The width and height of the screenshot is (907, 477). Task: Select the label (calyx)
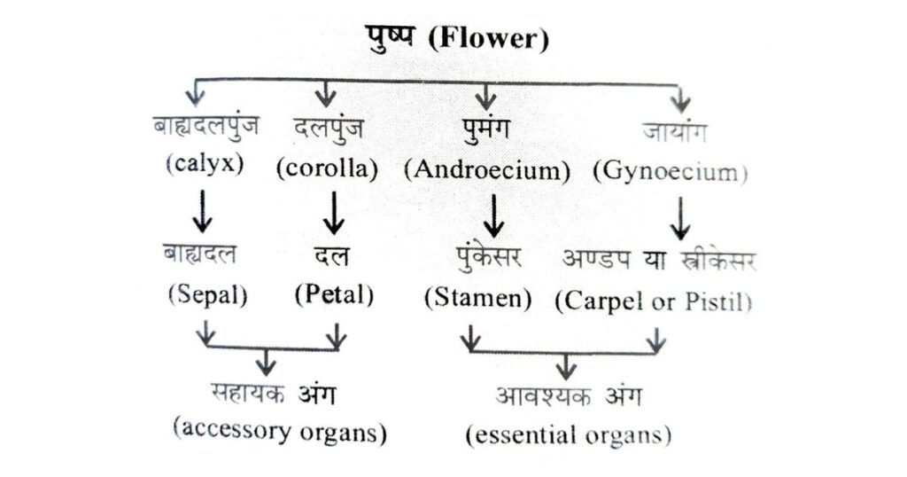click(x=204, y=166)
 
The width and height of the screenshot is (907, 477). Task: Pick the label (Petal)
click(x=334, y=295)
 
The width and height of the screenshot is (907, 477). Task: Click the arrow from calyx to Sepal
click(x=205, y=211)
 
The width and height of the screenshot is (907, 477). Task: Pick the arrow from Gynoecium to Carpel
click(x=679, y=217)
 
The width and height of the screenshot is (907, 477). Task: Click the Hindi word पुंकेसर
click(x=485, y=258)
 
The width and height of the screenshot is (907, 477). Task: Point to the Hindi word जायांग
click(x=675, y=130)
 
